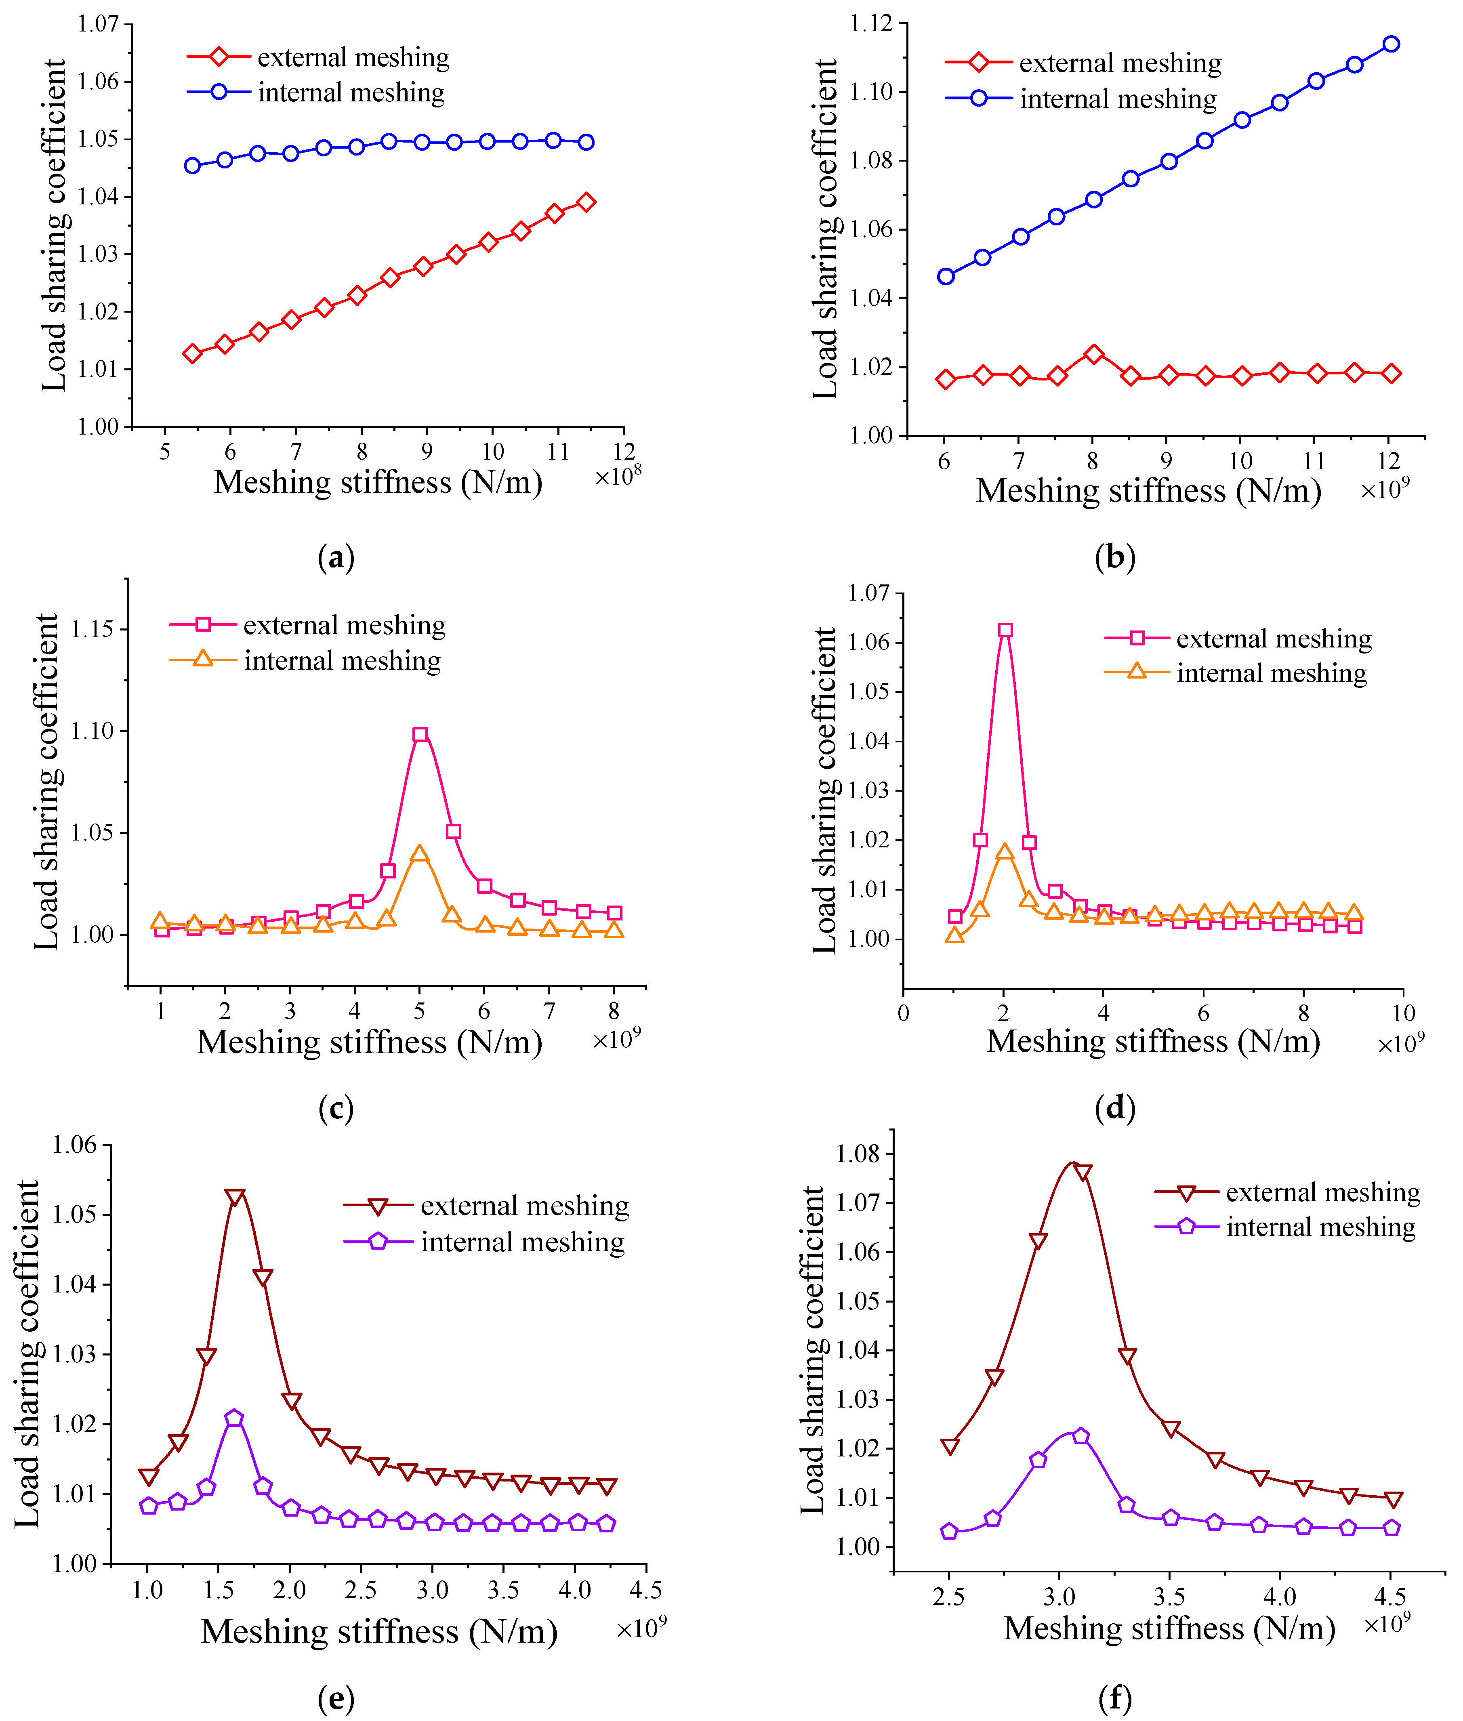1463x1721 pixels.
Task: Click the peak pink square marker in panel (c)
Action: [x=420, y=734]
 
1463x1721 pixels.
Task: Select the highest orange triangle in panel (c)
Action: [x=420, y=853]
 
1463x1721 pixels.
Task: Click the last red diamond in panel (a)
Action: [x=586, y=202]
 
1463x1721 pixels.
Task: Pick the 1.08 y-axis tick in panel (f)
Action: [x=858, y=1154]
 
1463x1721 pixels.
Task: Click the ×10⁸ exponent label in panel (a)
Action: [x=618, y=475]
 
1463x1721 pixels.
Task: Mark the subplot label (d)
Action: [x=1115, y=1108]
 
